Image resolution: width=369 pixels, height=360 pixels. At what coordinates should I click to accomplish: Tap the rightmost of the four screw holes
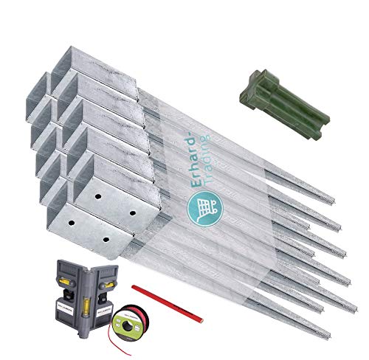pos(134,212)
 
